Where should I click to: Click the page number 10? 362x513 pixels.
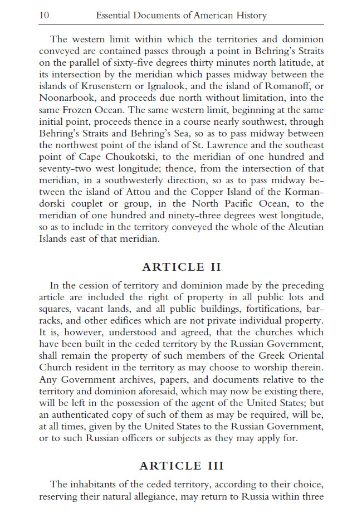(x=44, y=16)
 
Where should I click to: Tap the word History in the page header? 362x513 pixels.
(x=250, y=16)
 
